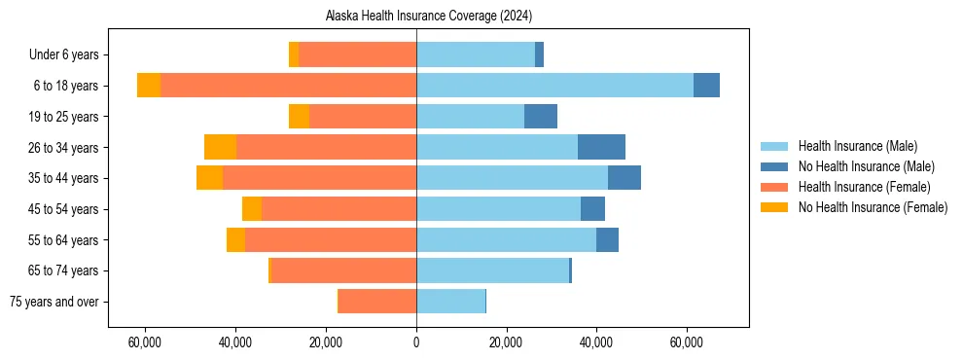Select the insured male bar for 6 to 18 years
(x=554, y=86)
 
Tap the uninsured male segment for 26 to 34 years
(x=601, y=147)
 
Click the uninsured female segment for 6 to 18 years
(x=149, y=86)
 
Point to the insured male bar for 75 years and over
(x=450, y=302)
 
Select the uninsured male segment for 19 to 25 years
(x=541, y=117)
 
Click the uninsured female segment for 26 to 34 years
(x=220, y=147)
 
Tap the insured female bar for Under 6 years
(x=357, y=54)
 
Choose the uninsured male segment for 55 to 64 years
(x=607, y=239)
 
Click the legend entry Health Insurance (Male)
(x=857, y=146)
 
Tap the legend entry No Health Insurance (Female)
(x=873, y=207)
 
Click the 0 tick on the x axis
(x=416, y=342)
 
